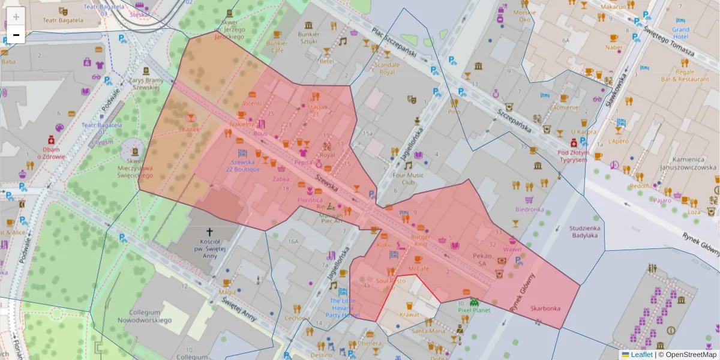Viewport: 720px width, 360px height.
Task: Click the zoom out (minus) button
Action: pos(16,35)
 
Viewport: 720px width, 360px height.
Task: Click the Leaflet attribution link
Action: pos(641,355)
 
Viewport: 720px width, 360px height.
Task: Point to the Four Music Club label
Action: pos(408,179)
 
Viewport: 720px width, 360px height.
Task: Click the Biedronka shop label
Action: pos(529,209)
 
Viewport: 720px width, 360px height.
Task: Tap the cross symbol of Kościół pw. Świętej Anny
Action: pos(209,232)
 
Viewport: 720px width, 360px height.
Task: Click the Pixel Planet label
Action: pos(474,310)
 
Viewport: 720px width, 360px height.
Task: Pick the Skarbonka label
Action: pos(545,308)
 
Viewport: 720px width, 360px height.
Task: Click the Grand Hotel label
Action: pos(681,32)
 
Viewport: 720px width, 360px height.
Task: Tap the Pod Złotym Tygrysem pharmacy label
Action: pos(572,156)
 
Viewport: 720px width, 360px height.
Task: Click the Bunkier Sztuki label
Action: pos(309,38)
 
